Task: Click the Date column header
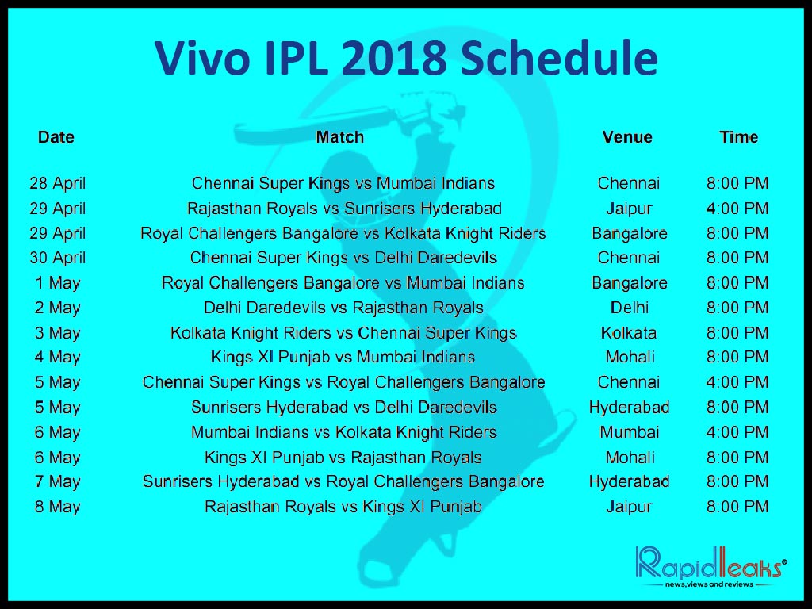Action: pos(56,137)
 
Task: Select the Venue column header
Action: pos(627,137)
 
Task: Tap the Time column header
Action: pos(738,137)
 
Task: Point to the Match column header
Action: pos(339,137)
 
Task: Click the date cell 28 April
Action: pos(57,183)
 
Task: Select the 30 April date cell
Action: pos(57,258)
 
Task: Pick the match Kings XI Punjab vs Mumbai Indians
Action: pos(343,358)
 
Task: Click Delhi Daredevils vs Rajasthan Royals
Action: pos(343,308)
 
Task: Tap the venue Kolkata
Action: pos(629,333)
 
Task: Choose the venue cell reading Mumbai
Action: pos(629,432)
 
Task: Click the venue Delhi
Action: pos(629,308)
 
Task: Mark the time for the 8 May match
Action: pos(737,507)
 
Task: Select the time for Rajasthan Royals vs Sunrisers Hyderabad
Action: pos(737,209)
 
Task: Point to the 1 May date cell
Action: pos(57,283)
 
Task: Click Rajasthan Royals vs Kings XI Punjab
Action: pos(343,507)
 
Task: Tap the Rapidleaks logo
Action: pos(710,566)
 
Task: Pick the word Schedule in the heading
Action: pos(559,57)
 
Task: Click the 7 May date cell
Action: pos(57,482)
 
